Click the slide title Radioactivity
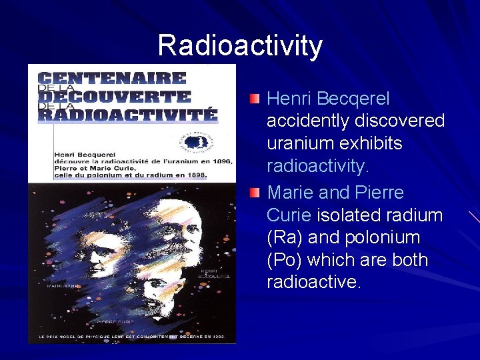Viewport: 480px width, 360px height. [240, 46]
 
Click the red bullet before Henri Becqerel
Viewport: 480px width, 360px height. [255, 99]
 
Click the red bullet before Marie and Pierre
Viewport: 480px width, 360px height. [255, 193]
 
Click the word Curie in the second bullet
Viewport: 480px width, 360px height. [289, 215]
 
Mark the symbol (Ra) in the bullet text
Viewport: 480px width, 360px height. [285, 237]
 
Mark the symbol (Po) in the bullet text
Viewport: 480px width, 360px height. [285, 260]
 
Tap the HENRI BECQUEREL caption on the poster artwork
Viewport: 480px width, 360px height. [215, 273]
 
